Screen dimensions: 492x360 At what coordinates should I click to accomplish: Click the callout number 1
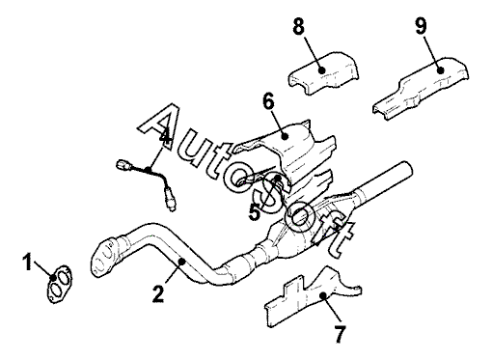28,262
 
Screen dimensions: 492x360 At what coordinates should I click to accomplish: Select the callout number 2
158,293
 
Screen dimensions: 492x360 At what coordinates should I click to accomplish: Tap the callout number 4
165,138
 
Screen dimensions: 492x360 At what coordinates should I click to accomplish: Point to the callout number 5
255,212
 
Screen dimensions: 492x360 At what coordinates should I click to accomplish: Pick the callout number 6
269,101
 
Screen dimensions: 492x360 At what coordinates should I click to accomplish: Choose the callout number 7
340,334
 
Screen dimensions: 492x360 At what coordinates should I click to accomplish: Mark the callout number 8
298,26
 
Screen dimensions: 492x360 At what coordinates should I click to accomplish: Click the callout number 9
422,26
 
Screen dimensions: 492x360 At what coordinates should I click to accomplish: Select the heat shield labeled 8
323,73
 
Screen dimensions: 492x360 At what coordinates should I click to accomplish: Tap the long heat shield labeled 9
422,89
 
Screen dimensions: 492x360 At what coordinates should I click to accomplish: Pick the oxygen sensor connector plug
123,165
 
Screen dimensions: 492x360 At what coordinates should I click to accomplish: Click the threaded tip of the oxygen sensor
173,208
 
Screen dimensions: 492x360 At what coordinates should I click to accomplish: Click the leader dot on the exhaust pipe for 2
182,261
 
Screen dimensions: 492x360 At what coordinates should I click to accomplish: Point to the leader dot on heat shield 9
440,69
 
